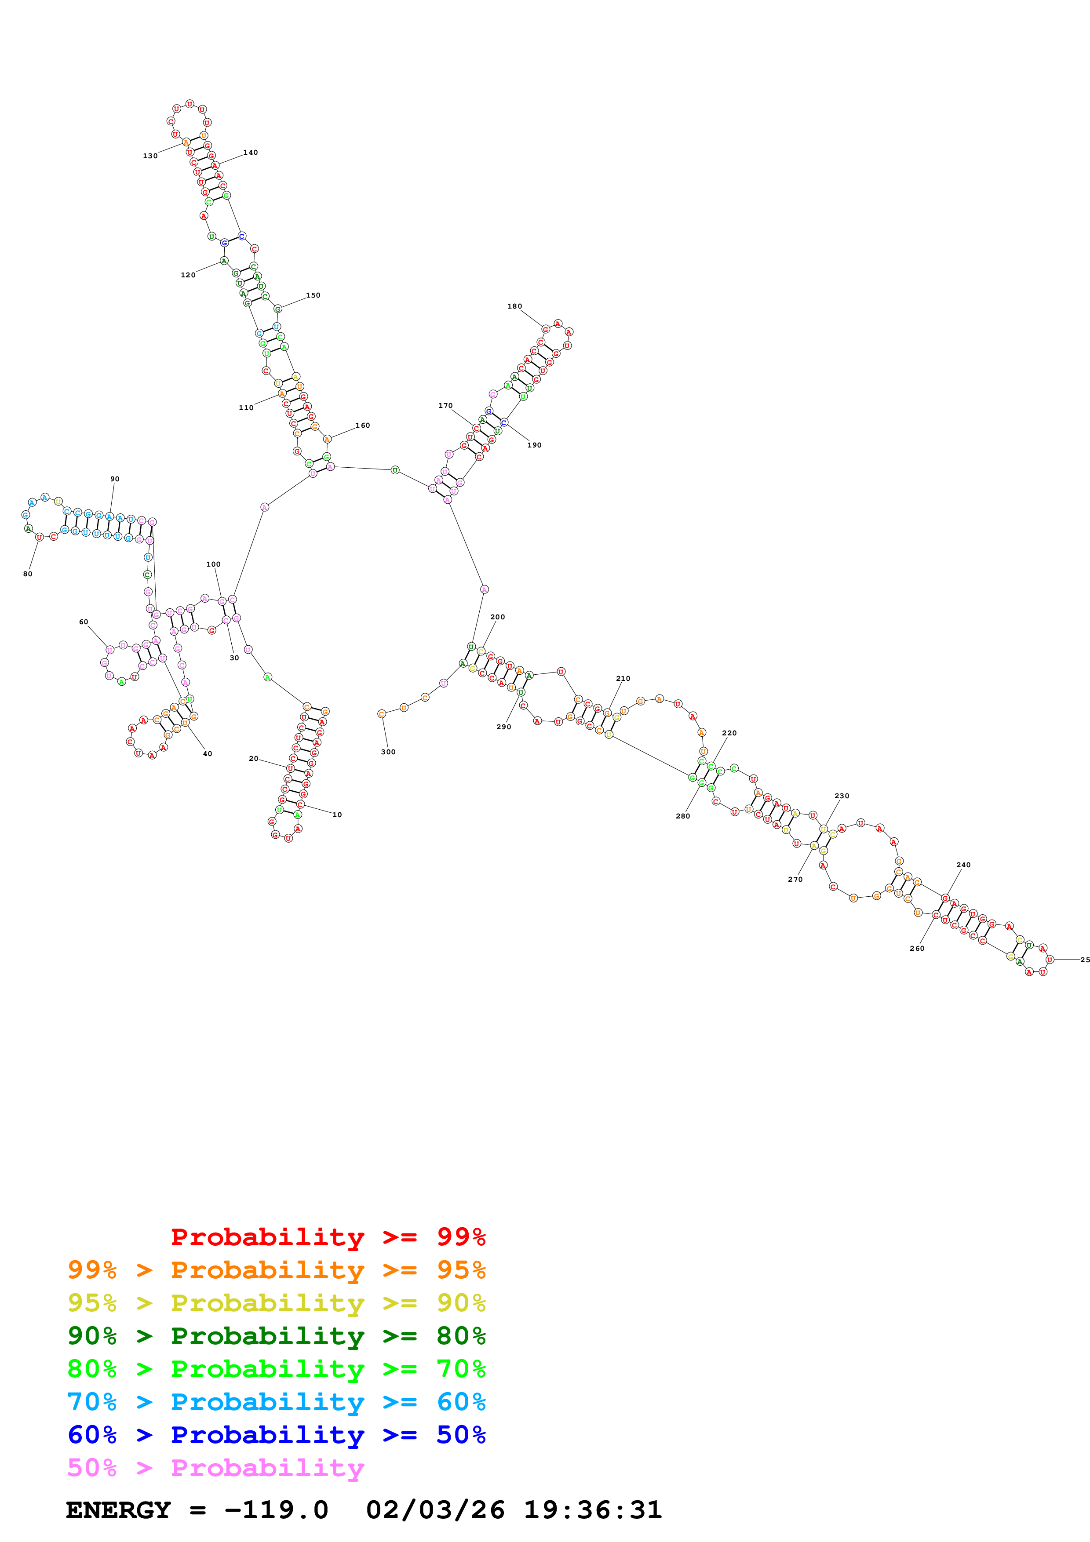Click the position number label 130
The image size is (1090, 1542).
click(x=150, y=156)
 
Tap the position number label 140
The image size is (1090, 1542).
click(x=251, y=153)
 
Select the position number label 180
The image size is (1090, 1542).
click(x=514, y=306)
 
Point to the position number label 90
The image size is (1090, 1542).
click(x=115, y=479)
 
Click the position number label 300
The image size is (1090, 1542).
click(x=388, y=752)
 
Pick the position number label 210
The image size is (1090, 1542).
click(x=623, y=678)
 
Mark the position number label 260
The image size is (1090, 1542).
click(x=917, y=948)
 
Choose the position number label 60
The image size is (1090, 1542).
click(x=83, y=622)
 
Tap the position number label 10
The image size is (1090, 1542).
click(x=337, y=815)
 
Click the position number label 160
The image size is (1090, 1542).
click(x=363, y=425)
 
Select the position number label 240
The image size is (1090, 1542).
click(x=963, y=865)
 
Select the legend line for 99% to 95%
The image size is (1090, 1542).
click(x=276, y=1270)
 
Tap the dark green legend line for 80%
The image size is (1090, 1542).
click(x=276, y=1336)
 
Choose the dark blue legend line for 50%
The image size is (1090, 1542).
click(x=276, y=1435)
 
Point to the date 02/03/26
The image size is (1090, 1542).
click(x=435, y=1510)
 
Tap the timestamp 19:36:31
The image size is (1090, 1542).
click(x=593, y=1510)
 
